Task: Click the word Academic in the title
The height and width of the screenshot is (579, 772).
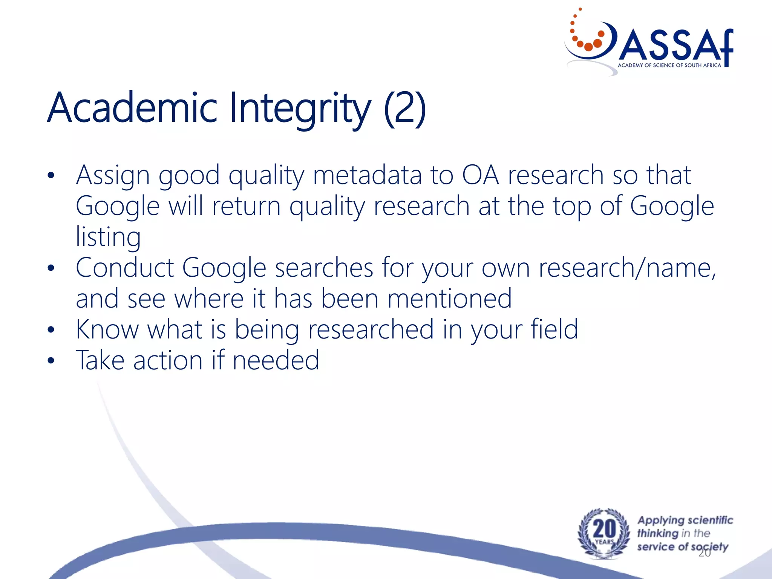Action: click(132, 108)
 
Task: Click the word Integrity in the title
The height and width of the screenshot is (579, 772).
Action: click(300, 109)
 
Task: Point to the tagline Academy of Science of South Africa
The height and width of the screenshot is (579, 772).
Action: click(669, 66)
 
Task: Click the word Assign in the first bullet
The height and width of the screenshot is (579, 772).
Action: click(113, 176)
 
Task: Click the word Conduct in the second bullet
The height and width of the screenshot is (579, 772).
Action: click(125, 268)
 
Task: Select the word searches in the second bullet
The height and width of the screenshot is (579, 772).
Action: click(324, 268)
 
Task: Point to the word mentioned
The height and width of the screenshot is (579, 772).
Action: click(449, 299)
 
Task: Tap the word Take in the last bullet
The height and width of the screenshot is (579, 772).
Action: click(100, 360)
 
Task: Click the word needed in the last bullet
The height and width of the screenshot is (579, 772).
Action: click(276, 360)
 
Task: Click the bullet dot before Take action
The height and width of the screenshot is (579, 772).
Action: click(51, 361)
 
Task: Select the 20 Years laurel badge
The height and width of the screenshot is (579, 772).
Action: click(604, 533)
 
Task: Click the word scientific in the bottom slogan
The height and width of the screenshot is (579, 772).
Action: click(709, 520)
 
